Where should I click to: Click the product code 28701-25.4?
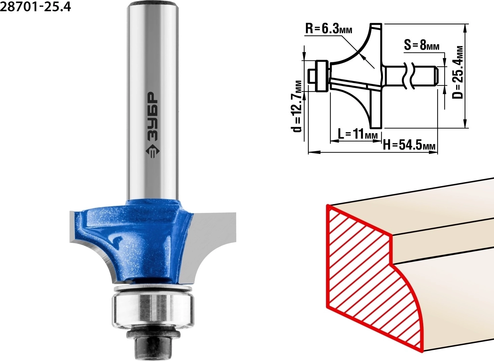(36, 7)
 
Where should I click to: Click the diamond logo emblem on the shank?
(152, 152)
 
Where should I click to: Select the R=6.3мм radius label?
(329, 29)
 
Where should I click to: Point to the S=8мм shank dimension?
(422, 46)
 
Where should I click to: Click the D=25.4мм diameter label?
(457, 73)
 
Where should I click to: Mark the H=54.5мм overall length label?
(409, 145)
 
